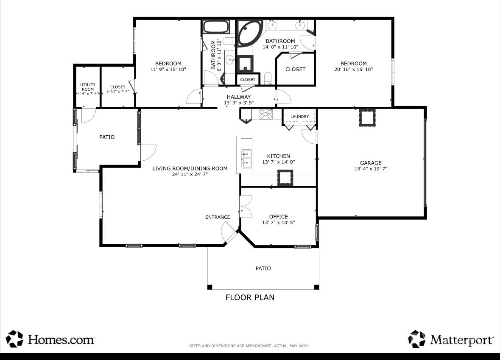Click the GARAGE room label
click(371, 163)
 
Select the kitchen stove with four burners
click(265, 114)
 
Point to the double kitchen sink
click(246, 159)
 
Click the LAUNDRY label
click(299, 117)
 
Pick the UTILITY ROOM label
click(88, 87)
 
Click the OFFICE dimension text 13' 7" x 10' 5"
click(278, 223)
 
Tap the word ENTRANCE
click(218, 217)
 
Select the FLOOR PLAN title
click(250, 298)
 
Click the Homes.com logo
click(50, 339)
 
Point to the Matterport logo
click(451, 339)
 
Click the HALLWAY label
click(238, 97)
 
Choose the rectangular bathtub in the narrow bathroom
click(216, 27)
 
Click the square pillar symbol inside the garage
click(367, 117)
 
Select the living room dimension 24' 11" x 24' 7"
click(190, 174)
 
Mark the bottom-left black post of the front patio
click(209, 287)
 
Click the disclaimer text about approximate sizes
click(249, 346)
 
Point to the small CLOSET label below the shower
click(248, 80)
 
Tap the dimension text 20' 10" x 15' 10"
click(353, 69)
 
